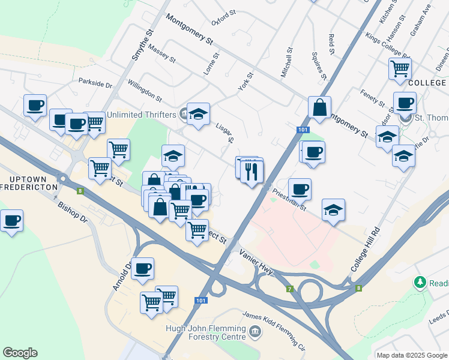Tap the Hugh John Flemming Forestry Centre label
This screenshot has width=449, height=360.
[206, 332]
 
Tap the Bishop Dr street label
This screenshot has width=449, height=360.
[73, 211]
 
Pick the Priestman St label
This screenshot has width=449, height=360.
[289, 200]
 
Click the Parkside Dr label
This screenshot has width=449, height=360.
[95, 85]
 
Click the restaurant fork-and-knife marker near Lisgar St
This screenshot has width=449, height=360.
[252, 171]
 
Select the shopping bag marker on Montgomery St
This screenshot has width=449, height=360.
[320, 108]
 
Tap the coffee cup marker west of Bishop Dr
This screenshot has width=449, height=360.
[12, 221]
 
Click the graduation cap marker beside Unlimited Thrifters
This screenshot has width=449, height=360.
[197, 113]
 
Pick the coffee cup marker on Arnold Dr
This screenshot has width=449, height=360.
[142, 269]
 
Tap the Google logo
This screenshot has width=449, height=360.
[20, 353]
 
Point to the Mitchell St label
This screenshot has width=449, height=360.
[286, 63]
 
